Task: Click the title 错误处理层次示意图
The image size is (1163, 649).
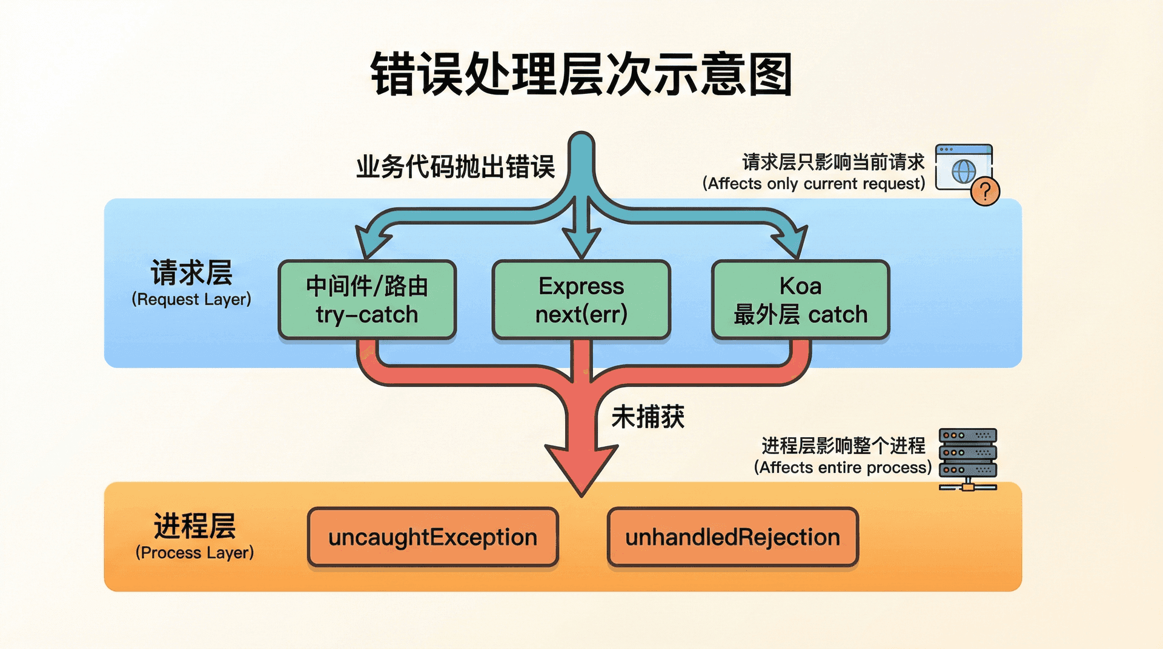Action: tap(581, 75)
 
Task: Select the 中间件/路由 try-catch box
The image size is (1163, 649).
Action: tap(367, 300)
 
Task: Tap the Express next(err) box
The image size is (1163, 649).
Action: tap(581, 300)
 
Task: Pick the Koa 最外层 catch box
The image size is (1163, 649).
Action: tap(800, 300)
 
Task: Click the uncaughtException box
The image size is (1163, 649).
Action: tap(432, 537)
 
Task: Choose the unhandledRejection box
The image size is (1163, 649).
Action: tap(732, 537)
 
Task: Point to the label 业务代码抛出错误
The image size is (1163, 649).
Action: tap(456, 167)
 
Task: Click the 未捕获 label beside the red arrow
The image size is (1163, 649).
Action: tap(648, 417)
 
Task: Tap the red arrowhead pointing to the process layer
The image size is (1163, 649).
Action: tap(581, 467)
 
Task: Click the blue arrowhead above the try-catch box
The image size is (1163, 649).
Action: tap(371, 242)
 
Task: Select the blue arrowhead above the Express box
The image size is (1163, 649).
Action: tap(581, 242)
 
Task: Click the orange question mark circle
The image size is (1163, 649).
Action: tap(985, 192)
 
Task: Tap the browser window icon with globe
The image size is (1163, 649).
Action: tap(963, 167)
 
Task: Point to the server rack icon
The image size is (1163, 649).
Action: tap(967, 459)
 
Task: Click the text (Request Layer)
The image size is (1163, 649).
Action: tap(191, 299)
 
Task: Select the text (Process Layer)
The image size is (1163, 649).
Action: tap(194, 552)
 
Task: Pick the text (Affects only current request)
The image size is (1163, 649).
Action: tap(813, 183)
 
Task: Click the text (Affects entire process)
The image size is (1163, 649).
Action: tap(843, 467)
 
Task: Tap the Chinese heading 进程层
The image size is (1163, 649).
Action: tap(194, 525)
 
